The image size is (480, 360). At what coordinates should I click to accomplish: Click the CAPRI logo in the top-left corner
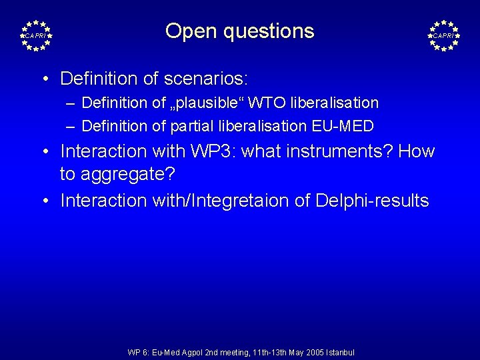pyautogui.click(x=36, y=35)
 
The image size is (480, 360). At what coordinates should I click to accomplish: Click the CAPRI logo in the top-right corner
pyautogui.click(x=443, y=35)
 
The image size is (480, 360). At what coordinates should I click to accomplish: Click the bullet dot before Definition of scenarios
pyautogui.click(x=44, y=79)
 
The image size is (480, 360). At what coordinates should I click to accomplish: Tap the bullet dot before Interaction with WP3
pyautogui.click(x=44, y=151)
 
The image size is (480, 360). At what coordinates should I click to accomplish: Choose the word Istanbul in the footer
pyautogui.click(x=339, y=352)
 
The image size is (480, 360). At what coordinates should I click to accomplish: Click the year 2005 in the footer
pyautogui.click(x=309, y=352)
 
